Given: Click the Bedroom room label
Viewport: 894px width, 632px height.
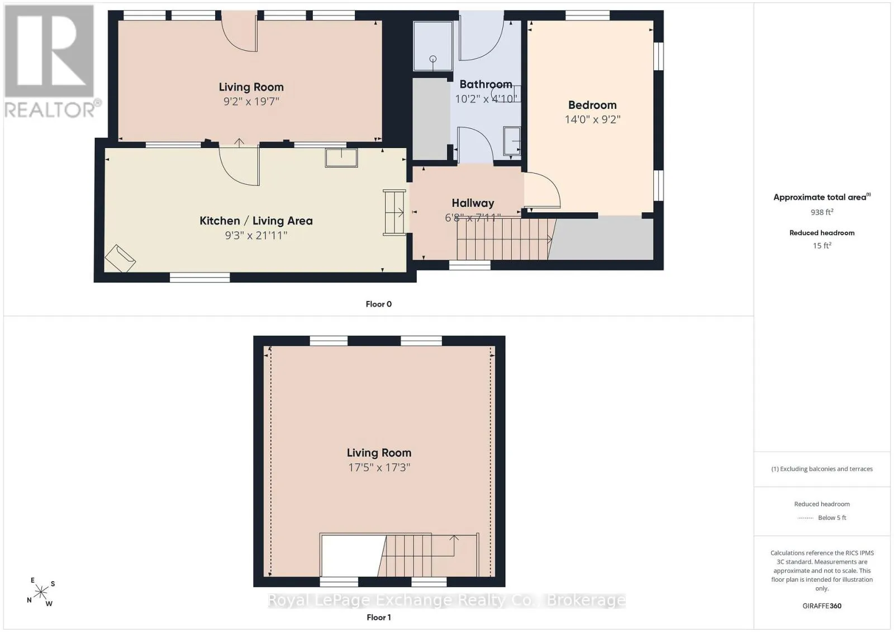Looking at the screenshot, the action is pos(592,105).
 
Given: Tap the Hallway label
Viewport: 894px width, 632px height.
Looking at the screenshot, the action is pos(473,203).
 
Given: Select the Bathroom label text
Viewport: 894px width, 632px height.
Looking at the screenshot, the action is pos(486,84).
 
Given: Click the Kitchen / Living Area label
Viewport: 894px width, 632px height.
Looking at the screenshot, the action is pos(256,221).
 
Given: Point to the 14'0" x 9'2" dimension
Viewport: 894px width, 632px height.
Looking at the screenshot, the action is pos(592,119).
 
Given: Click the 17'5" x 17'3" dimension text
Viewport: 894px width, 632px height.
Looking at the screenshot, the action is pos(379,467).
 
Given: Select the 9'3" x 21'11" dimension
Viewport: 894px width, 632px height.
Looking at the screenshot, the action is pos(256,235).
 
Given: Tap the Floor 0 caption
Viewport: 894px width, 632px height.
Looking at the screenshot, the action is pos(379,304).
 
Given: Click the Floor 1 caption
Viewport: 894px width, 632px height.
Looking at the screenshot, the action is pos(379,617).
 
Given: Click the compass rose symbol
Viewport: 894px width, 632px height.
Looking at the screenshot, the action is pos(41,592).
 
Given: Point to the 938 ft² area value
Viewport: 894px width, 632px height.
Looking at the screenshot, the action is pos(822,212).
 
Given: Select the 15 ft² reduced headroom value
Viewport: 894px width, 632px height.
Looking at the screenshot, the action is pos(822,245).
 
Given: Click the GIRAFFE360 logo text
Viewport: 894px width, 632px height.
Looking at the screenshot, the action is pos(822,606).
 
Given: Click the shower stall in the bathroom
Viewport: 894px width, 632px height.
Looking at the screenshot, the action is pos(432,46).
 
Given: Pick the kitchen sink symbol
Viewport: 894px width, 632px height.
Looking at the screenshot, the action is pos(341,157).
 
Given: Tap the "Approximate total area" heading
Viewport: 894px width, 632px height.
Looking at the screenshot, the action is pos(822,197).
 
